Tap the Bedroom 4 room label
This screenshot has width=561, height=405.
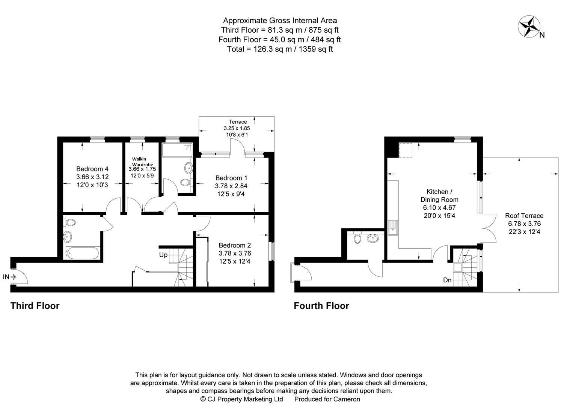[x=92, y=169]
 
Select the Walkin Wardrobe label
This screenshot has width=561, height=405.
[x=143, y=162]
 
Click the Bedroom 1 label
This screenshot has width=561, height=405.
[x=231, y=178]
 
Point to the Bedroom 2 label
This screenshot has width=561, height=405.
[x=235, y=245]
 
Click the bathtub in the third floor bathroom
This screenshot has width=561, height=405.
[x=82, y=253]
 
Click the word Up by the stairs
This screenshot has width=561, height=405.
[x=163, y=255]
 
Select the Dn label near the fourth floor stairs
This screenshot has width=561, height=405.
[x=447, y=280]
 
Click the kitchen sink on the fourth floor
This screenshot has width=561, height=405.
[x=393, y=228]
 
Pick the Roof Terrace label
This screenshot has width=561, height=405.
[x=524, y=216]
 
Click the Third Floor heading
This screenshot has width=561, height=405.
[x=35, y=306]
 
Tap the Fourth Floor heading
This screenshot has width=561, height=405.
[x=321, y=306]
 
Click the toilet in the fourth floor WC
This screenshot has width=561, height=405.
[x=357, y=238]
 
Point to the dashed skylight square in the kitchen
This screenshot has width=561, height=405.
[x=406, y=150]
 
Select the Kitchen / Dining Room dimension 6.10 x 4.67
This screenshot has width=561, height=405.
[x=439, y=208]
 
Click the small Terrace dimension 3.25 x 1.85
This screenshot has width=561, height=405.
[x=237, y=128]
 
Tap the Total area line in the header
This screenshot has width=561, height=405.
[x=280, y=49]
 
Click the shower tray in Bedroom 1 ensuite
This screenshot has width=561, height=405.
[x=177, y=150]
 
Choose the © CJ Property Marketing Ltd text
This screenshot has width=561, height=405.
[x=242, y=399]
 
